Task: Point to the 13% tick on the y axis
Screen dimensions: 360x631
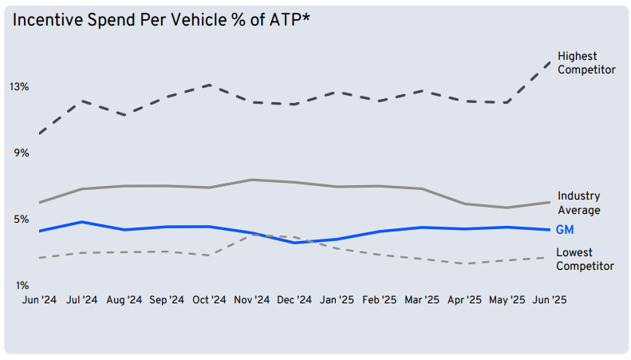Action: point(19,86)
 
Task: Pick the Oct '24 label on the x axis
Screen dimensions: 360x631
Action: point(209,300)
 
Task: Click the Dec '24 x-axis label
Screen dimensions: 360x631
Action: point(294,300)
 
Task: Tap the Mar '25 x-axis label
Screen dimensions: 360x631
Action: point(422,300)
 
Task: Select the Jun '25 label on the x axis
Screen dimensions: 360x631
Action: point(550,300)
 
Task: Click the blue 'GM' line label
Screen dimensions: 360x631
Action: point(565,230)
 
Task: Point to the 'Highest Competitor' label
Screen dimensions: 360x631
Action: point(586,63)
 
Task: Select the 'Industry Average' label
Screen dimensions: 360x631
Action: point(578,203)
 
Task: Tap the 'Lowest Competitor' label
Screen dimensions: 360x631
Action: point(585,259)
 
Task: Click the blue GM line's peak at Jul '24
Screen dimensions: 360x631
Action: point(81,222)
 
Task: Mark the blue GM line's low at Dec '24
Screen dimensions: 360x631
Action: point(294,242)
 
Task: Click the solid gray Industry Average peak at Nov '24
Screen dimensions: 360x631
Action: point(251,180)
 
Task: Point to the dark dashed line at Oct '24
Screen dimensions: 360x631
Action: point(209,85)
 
